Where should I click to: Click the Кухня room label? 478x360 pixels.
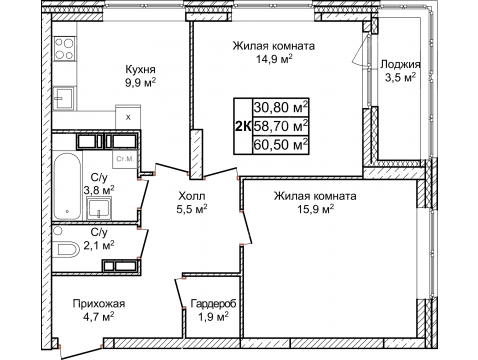140,70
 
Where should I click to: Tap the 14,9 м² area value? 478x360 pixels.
274,59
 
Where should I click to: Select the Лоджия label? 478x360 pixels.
400,64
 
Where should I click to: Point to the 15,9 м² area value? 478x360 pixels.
316,209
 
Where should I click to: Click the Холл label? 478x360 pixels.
192,195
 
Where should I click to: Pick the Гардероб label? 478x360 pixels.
213,304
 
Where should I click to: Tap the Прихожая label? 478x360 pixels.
99,304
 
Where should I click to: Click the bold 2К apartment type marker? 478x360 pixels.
243,127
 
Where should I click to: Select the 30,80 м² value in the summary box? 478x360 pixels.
281,107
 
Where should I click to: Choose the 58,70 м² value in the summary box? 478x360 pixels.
281,126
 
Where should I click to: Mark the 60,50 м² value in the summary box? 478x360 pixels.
281,145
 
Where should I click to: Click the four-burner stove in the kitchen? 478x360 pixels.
64,48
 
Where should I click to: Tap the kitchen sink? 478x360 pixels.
64,98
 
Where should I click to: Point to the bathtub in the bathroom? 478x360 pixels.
67,186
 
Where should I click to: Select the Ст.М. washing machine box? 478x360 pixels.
125,159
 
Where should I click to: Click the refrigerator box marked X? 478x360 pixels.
128,117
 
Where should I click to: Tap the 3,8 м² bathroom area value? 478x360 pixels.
99,190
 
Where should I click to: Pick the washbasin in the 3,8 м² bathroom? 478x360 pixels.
99,208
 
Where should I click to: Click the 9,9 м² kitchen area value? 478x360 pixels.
141,83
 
